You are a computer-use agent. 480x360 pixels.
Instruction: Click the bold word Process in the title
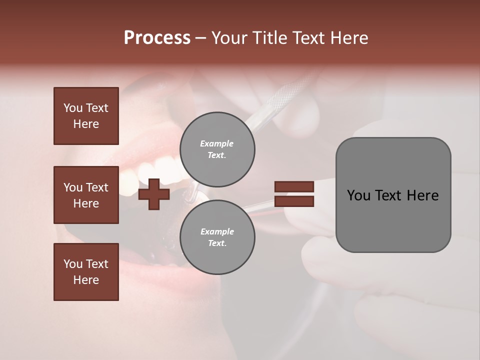point(157,38)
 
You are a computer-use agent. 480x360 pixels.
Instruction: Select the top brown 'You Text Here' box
point(86,116)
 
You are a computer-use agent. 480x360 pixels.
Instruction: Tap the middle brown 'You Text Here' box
point(86,195)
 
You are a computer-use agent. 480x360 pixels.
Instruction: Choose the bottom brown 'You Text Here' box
point(86,272)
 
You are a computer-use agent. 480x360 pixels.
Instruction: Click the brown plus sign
point(154,194)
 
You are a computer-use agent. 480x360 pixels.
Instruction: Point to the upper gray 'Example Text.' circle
point(217,149)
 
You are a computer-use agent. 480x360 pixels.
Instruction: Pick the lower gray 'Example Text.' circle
point(217,237)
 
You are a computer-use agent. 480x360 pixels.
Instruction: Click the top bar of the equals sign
point(294,187)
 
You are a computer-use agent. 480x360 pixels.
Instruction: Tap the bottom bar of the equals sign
point(294,201)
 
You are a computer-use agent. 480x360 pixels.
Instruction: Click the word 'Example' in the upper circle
point(216,144)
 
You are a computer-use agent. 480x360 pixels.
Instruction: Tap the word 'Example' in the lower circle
point(217,232)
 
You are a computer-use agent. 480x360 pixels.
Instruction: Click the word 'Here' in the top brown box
point(86,124)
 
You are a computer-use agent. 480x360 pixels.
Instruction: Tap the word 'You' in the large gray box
point(358,195)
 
